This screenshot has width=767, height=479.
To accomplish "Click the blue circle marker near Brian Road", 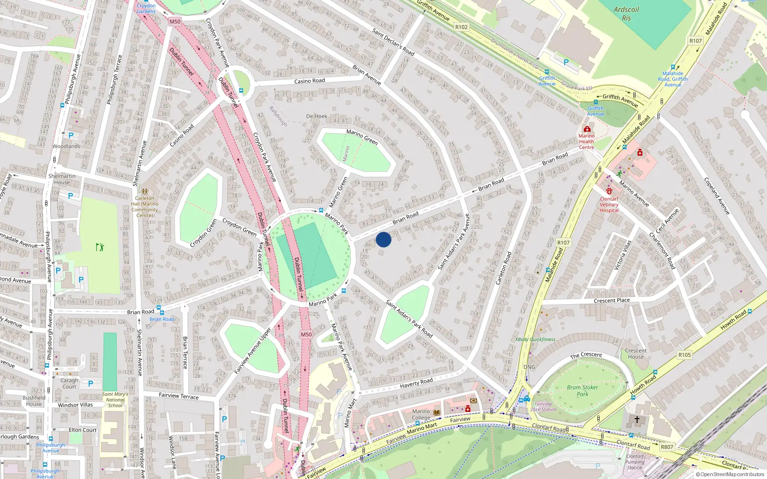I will (383, 239).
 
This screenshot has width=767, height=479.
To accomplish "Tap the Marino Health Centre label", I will (586, 141).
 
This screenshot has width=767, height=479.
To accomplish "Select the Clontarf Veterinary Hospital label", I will (609, 205).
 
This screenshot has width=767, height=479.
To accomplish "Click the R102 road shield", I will (461, 27).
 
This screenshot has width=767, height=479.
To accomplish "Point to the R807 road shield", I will (667, 447).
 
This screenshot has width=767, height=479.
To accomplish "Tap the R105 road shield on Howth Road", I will (685, 355).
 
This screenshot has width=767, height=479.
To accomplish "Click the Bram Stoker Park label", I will (582, 391).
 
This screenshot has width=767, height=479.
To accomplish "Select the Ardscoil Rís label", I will (626, 14).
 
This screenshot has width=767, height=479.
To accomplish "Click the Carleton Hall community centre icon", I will (145, 191).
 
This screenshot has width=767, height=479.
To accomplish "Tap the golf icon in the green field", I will (100, 247).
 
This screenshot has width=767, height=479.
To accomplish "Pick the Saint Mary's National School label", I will (115, 400).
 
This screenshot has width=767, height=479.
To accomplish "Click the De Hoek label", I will (316, 116).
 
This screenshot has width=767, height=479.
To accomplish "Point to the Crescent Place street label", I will (612, 301).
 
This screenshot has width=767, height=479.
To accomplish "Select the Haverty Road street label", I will (416, 382).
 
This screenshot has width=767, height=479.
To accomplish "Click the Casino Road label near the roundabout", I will (309, 81).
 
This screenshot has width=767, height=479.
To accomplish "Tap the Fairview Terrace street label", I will (178, 396).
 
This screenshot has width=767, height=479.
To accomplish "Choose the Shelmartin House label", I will (62, 179).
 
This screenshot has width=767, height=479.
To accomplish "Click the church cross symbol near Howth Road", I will (637, 419).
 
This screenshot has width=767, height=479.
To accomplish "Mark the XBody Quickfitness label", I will (535, 340).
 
